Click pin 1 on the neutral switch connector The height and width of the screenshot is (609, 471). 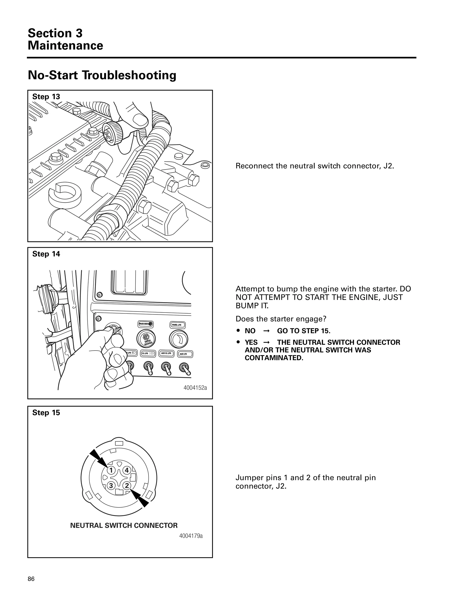pos(111,470)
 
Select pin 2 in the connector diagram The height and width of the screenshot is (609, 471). pos(127,485)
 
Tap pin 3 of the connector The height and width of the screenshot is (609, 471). pos(111,485)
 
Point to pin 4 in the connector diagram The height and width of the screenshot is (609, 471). pos(127,470)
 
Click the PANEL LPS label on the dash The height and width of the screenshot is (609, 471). pos(178,325)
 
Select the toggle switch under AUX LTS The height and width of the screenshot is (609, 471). pos(184,368)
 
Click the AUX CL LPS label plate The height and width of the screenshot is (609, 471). pos(166,354)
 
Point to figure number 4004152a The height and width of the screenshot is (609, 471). pos(195,388)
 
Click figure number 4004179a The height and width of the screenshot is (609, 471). pos(191,536)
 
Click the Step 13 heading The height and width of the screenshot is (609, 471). pos(46,97)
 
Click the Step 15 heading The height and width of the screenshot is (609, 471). pos(46,413)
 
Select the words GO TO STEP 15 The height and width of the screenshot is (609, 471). pos(304,331)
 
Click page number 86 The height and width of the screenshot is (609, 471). pos(31,579)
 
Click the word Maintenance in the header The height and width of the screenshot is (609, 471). pos(65,46)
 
